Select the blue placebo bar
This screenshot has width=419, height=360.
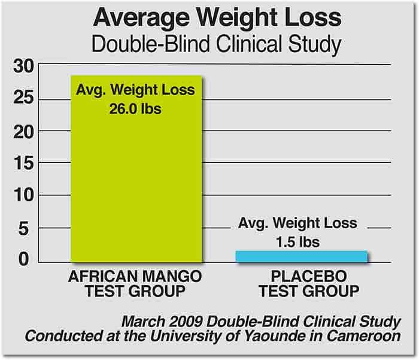pyautogui.click(x=301, y=256)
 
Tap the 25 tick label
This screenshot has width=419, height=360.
pyautogui.click(x=24, y=98)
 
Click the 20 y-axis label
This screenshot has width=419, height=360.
pyautogui.click(x=24, y=131)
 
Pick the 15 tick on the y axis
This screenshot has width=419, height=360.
pyautogui.click(x=24, y=163)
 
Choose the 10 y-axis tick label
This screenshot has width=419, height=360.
pyautogui.click(x=24, y=195)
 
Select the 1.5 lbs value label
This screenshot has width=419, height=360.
pyautogui.click(x=297, y=243)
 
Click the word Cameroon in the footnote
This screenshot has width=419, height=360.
pyautogui.click(x=366, y=336)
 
